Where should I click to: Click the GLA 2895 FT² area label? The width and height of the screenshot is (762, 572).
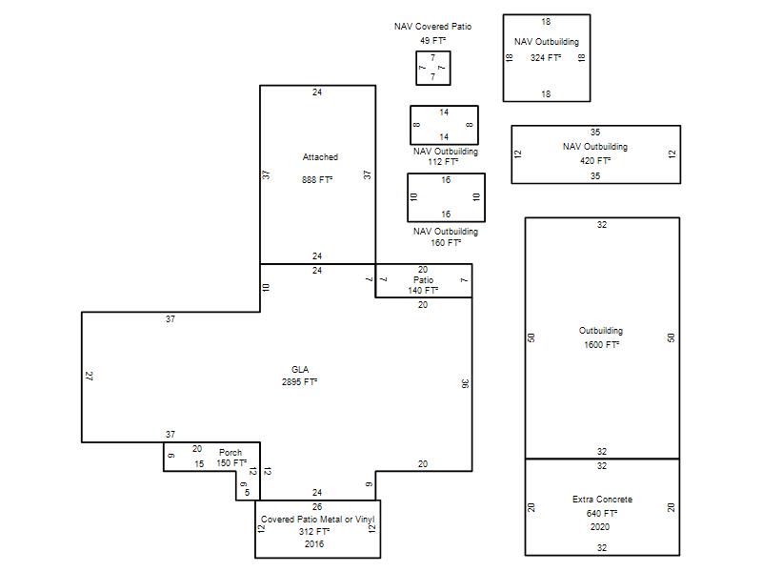[x=300, y=376]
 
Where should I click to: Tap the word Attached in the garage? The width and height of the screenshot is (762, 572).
[x=320, y=157]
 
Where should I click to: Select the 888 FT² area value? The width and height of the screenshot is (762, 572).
[x=317, y=179]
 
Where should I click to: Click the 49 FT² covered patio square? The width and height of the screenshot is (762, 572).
[x=433, y=68]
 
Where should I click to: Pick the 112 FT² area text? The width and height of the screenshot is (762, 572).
[x=443, y=161]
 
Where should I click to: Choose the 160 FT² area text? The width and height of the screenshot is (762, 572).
[x=446, y=242]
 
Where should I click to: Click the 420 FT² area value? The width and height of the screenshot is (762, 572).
[x=595, y=160]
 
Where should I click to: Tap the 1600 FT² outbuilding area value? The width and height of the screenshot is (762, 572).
[x=602, y=344]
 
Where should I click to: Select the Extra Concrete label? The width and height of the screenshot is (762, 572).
[x=603, y=499]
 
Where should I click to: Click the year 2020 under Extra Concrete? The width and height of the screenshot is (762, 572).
[x=600, y=527]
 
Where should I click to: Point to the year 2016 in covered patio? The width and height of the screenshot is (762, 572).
[x=314, y=543]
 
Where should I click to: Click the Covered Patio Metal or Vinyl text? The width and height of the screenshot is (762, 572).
[x=318, y=519]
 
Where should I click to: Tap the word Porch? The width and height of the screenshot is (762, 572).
[x=231, y=452]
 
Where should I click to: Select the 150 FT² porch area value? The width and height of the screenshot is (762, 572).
[x=231, y=462]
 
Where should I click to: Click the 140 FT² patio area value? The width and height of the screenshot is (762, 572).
[x=423, y=291]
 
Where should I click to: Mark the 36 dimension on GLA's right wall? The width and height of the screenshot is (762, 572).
[x=465, y=384]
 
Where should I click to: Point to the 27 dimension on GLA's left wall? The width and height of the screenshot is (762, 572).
[x=89, y=376]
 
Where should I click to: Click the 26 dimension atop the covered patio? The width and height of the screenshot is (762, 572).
[x=317, y=507]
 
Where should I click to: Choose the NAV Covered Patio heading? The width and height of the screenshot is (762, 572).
[x=433, y=27]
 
